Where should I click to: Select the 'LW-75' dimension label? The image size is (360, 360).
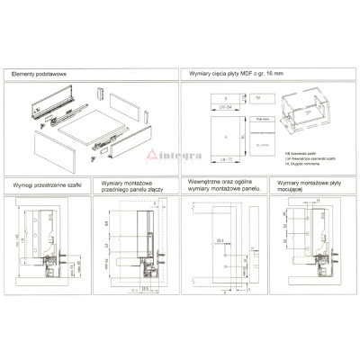(203, 158)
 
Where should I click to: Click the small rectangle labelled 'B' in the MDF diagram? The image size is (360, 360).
(203, 96)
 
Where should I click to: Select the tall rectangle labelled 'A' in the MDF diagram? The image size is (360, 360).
(203, 133)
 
